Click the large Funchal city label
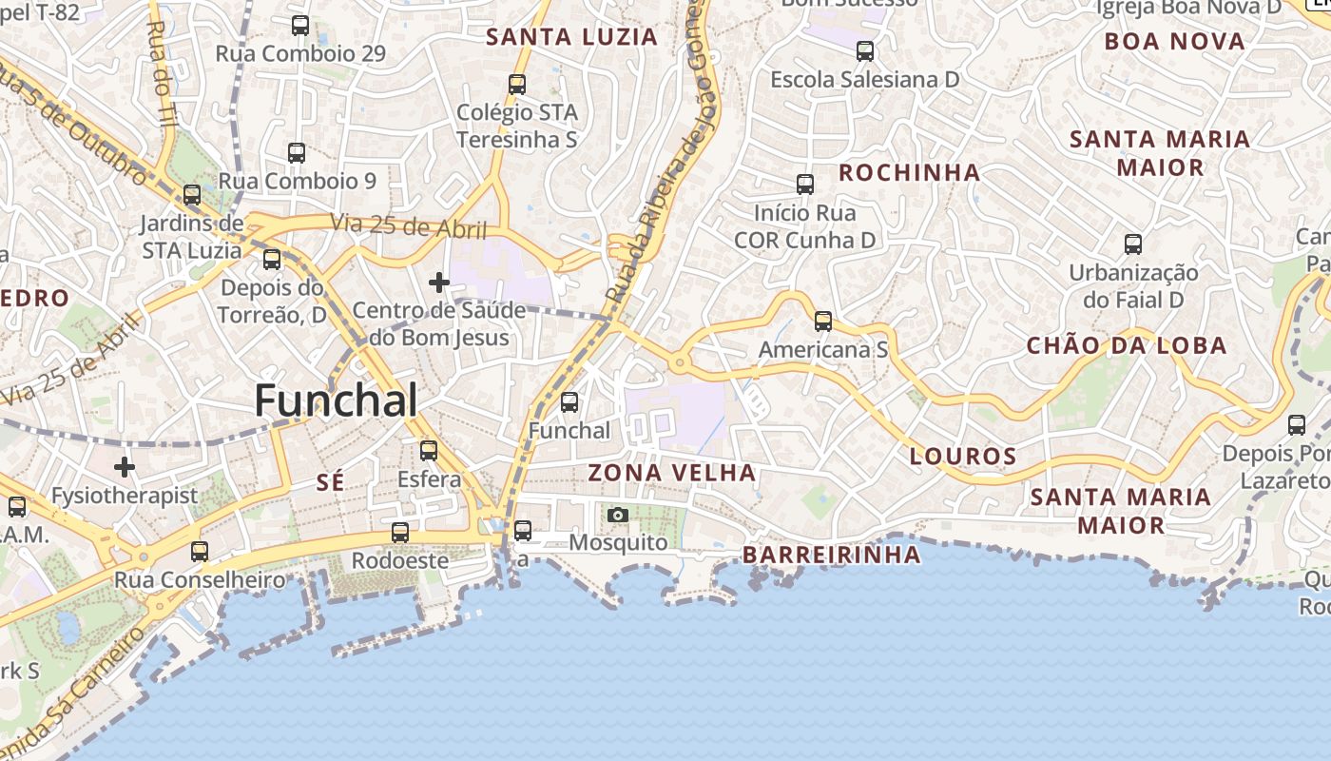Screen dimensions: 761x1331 (336, 400)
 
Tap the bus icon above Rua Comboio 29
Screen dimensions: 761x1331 (300, 26)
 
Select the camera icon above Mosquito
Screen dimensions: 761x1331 (618, 516)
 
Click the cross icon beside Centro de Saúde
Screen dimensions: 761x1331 (438, 283)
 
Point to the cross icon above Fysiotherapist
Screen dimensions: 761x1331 (125, 467)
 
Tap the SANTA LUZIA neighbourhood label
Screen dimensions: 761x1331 (571, 37)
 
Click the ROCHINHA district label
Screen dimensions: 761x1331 (909, 172)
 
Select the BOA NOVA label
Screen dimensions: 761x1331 (1174, 41)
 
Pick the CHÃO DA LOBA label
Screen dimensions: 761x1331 (1126, 345)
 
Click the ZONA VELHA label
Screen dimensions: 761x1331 (672, 473)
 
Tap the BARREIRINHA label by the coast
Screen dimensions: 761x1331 (831, 554)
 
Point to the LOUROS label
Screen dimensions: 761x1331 (963, 456)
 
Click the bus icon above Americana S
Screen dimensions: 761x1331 (823, 322)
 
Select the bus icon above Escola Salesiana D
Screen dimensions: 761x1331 (865, 51)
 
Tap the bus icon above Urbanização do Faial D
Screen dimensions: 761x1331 (1133, 244)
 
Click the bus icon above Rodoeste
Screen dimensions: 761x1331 (400, 533)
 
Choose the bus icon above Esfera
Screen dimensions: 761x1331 (429, 451)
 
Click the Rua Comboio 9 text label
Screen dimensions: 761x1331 (297, 181)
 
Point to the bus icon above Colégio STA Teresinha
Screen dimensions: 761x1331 (517, 85)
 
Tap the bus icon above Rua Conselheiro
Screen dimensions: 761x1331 (200, 552)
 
